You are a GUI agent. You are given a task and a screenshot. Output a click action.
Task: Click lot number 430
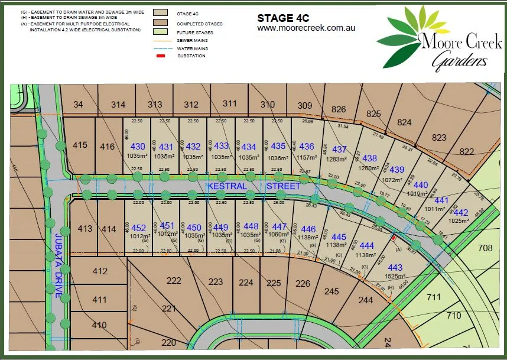coord(137,147)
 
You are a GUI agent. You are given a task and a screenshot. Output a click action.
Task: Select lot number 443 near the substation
coord(395,268)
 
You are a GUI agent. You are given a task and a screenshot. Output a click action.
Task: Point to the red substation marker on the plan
coord(394,238)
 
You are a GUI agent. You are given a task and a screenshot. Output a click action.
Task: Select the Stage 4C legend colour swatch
coord(160,11)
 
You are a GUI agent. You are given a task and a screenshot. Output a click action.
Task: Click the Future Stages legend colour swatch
coord(160,32)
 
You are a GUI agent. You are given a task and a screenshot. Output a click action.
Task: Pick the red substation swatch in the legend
coord(160,56)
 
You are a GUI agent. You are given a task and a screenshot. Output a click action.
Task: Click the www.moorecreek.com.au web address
coord(305,28)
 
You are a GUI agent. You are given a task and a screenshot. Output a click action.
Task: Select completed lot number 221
coord(169,308)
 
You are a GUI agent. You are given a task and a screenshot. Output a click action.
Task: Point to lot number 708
coord(485,248)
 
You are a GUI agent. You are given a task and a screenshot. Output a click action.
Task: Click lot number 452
coord(138,228)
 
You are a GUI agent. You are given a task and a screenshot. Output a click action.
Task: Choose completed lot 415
coord(80,145)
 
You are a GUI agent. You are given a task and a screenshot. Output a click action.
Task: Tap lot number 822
coord(466,151)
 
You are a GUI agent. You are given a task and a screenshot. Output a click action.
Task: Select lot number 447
coord(279,226)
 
